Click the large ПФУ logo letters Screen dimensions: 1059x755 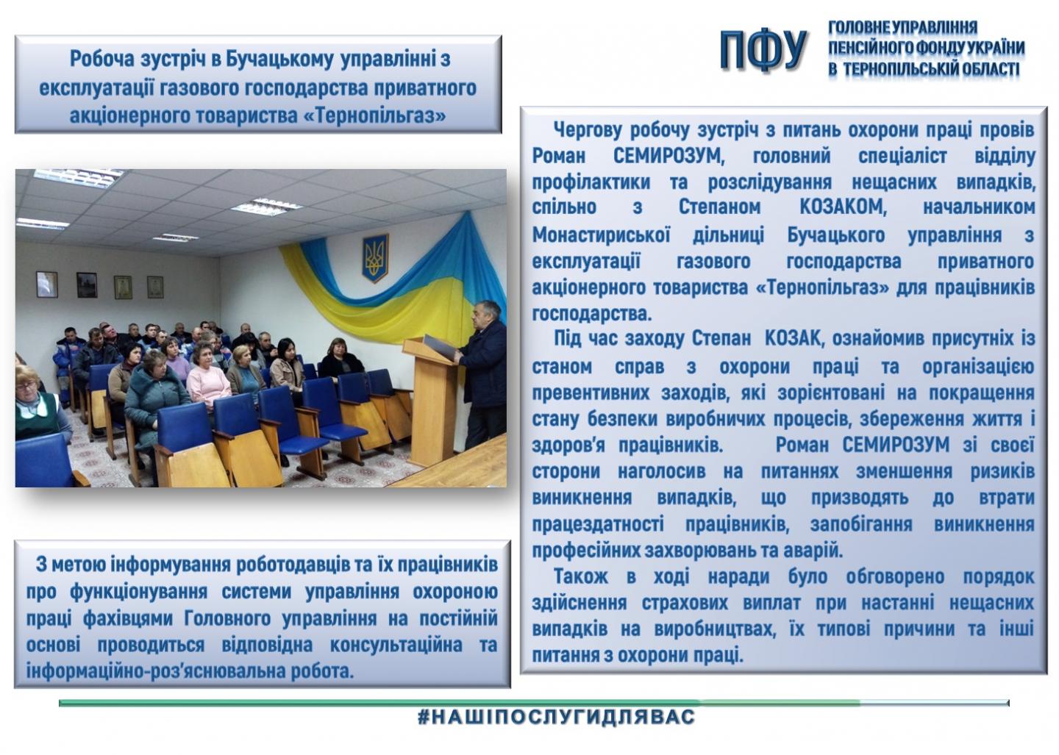click(x=763, y=49)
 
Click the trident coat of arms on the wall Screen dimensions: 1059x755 click(x=375, y=258)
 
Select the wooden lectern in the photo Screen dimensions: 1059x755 click(x=431, y=401)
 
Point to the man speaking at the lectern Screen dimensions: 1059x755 click(x=483, y=373)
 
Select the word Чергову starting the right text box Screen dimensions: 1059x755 click(x=587, y=130)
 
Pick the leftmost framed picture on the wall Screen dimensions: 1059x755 click(x=47, y=285)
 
